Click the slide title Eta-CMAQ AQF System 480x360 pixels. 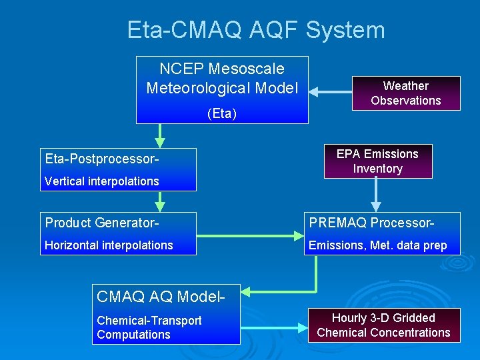pos(256,30)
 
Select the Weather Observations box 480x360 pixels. pos(405,93)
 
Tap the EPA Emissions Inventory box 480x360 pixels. pos(377,161)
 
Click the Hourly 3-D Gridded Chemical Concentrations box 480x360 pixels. pos(383,325)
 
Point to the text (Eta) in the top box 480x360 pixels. pos(222,113)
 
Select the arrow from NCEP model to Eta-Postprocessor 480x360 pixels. pos(159,136)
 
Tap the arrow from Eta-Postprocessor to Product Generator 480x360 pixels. pos(159,201)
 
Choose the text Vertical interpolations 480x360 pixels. pos(101,181)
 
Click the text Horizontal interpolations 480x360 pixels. pos(109,245)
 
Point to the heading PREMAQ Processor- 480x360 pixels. pos(371,223)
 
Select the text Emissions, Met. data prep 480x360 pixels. pos(377,245)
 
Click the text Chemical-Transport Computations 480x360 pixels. pos(149,327)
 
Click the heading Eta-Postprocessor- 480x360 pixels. pos(102,159)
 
